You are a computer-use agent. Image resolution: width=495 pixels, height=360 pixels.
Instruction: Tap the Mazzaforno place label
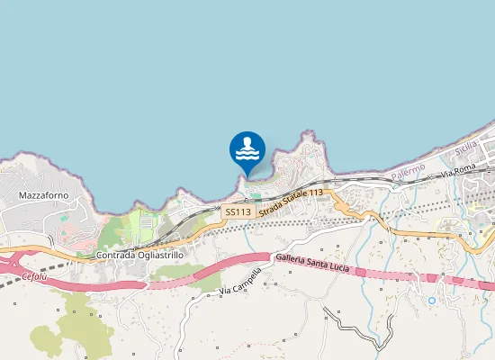point(43,194)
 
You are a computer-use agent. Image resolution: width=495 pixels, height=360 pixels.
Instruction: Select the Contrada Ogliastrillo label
point(139,256)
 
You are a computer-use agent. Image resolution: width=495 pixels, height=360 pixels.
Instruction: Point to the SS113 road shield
point(238,211)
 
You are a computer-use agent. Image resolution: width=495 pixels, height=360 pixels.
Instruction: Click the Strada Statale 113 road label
point(291,202)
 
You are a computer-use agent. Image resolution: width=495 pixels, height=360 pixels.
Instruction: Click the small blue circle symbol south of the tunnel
point(432,300)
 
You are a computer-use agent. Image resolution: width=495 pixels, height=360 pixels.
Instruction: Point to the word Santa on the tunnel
point(320,258)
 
